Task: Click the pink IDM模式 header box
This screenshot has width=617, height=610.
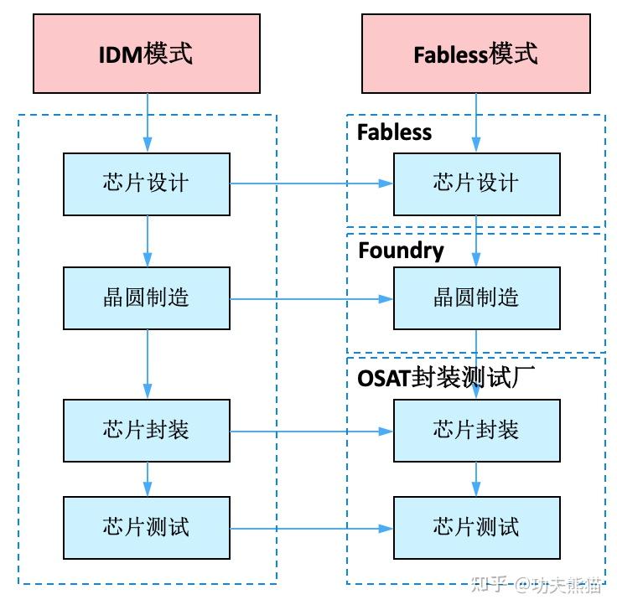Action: coord(147,54)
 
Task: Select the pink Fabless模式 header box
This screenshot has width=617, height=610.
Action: coord(475,54)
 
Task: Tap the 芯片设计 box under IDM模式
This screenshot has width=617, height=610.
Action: coord(147,184)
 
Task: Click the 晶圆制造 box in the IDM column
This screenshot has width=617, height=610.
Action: coord(147,297)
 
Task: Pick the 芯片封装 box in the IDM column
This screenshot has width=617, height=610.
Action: coord(147,431)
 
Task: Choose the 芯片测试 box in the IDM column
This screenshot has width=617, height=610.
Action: coord(147,527)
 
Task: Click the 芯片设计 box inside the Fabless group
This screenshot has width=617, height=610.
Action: coord(476,184)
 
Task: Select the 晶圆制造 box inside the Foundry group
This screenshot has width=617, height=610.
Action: coord(476,297)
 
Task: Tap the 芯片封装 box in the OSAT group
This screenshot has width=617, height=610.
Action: coord(476,431)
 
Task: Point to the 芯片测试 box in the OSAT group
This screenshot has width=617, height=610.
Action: coord(476,527)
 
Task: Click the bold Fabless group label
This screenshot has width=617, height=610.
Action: coord(394,132)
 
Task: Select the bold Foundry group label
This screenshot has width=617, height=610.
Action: coord(401,251)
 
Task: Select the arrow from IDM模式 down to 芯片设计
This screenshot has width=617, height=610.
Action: coord(148,122)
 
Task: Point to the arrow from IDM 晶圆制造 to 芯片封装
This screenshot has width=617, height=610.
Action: coord(148,364)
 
